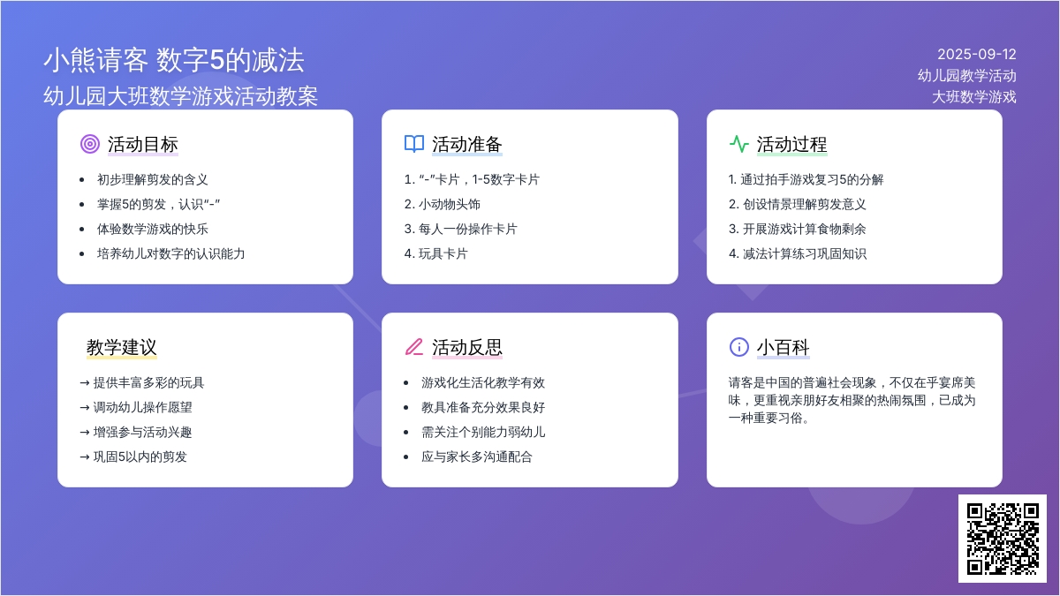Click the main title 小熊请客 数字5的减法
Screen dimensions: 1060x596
click(x=174, y=61)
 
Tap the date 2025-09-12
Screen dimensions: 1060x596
click(x=977, y=55)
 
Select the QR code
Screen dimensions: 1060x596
click(x=1003, y=539)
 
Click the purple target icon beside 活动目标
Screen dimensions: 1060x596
click(x=90, y=144)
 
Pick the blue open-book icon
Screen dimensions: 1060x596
click(x=414, y=144)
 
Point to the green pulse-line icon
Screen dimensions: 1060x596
click(x=738, y=144)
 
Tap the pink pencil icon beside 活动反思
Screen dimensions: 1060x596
click(x=414, y=347)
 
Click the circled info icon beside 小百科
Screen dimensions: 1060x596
click(x=738, y=347)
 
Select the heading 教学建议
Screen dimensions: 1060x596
click(x=121, y=347)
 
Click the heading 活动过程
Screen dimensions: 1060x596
click(x=791, y=144)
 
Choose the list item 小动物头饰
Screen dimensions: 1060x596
click(x=449, y=204)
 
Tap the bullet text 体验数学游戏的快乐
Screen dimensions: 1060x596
click(x=152, y=229)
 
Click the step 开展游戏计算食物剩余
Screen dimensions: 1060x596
click(x=804, y=229)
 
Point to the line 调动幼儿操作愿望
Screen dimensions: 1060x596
click(x=142, y=407)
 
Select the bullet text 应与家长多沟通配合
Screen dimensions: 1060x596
click(x=476, y=456)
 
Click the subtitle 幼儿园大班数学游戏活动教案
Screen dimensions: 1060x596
click(x=180, y=96)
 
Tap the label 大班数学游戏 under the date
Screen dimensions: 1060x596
click(x=973, y=97)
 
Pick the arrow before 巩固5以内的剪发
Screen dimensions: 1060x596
click(x=85, y=457)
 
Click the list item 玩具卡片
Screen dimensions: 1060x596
click(x=443, y=254)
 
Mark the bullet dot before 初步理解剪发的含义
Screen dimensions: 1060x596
click(x=82, y=180)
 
